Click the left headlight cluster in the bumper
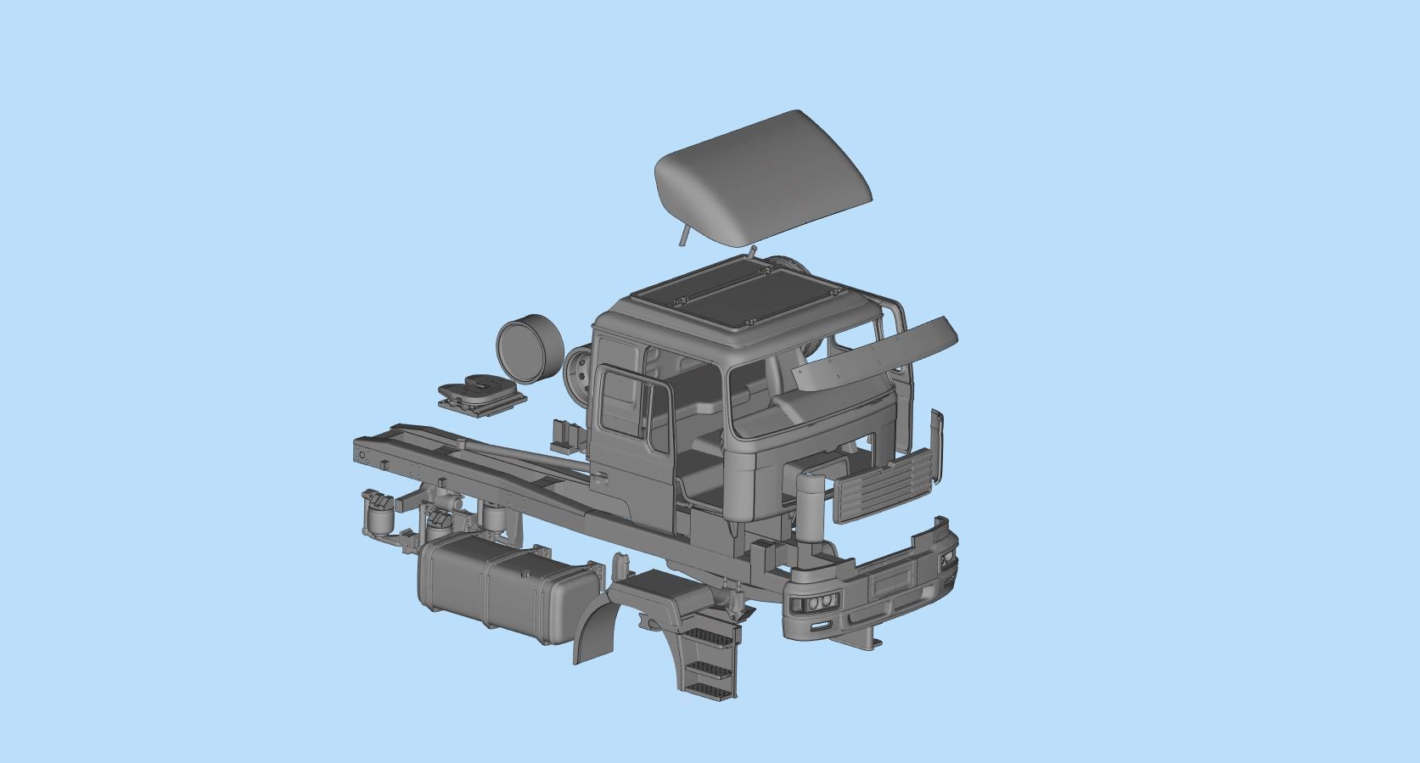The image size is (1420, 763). point(812,604)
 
